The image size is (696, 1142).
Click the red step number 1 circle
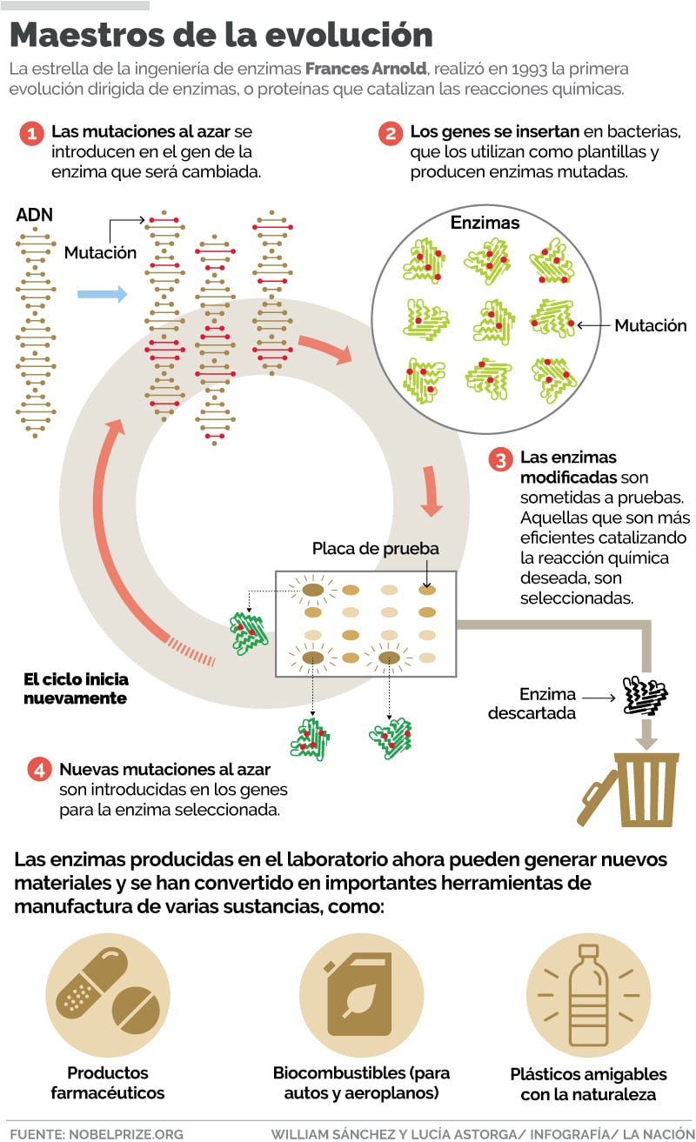(31, 134)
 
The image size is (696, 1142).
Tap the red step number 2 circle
(390, 134)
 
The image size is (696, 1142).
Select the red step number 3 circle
(500, 459)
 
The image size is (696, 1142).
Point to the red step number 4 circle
(38, 771)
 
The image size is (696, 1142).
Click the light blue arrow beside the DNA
(102, 294)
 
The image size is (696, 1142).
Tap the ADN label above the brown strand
(34, 215)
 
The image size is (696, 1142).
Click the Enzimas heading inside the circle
(485, 223)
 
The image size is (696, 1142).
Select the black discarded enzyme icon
(646, 695)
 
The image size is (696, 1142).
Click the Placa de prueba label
(376, 549)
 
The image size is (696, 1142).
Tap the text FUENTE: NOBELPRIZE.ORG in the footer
(97, 1133)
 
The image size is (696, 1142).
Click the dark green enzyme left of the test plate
(249, 633)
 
